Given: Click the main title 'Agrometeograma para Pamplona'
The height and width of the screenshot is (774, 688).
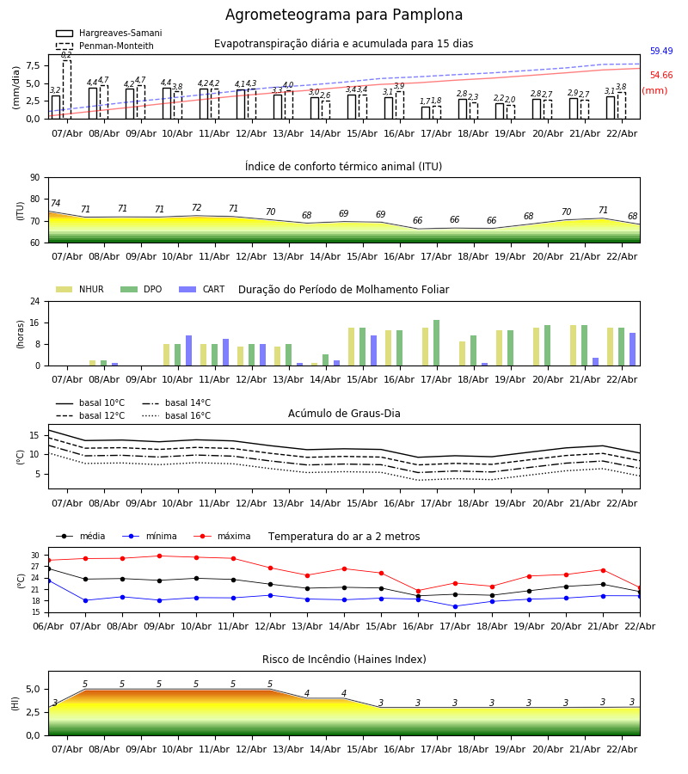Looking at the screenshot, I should (344, 15).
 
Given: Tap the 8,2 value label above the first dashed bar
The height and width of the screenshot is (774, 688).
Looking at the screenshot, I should (66, 55).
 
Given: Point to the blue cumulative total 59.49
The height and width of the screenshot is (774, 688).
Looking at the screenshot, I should (661, 52).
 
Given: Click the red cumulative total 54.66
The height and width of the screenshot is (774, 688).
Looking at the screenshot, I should (661, 76).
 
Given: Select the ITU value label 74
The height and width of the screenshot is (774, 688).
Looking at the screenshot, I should (56, 204).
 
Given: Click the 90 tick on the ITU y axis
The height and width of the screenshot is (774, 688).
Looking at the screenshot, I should (34, 177).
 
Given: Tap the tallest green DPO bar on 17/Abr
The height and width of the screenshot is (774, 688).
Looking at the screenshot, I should (436, 342).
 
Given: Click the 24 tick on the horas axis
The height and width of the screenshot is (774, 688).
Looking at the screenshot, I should (34, 301).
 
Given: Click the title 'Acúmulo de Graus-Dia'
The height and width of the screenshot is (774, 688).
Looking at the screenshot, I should (344, 414).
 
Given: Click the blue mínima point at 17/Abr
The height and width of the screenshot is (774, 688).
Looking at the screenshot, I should (455, 606).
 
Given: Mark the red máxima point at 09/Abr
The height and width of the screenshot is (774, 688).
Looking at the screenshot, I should (159, 556).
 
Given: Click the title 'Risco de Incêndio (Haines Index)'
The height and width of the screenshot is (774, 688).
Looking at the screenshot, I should (344, 660).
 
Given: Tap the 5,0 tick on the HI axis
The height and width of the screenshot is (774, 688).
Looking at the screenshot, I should (33, 689).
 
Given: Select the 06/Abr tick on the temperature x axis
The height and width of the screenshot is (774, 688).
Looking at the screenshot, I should (48, 625).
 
